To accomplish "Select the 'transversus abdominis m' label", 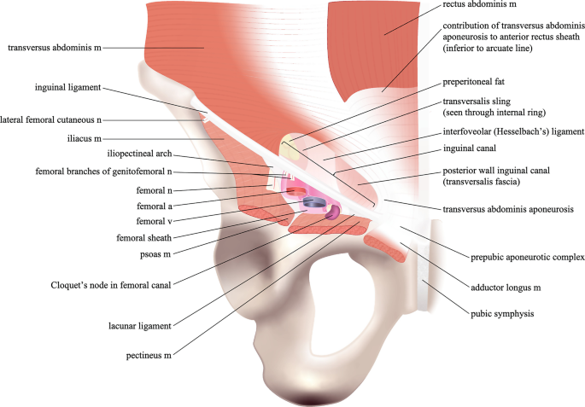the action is (x=54, y=49).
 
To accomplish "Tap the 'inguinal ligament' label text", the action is (x=68, y=87).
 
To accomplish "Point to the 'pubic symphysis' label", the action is (x=501, y=314).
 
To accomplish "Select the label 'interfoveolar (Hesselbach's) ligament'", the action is (x=512, y=133).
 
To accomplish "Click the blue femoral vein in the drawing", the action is (x=314, y=202).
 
